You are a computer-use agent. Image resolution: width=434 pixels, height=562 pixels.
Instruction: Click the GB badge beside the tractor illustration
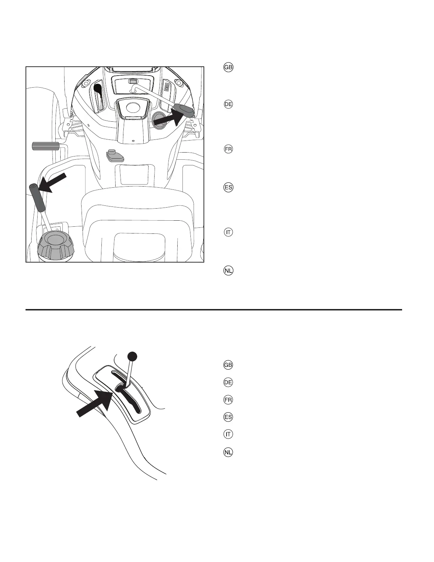228,68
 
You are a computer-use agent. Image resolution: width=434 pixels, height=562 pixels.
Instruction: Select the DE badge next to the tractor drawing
228,105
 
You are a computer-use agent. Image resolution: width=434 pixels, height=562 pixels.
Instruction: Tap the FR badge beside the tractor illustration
228,149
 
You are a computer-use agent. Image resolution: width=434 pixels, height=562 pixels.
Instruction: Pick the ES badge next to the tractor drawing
228,188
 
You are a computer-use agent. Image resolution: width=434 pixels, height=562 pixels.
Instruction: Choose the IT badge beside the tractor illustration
228,232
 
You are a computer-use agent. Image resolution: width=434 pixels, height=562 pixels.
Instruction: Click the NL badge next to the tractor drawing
228,271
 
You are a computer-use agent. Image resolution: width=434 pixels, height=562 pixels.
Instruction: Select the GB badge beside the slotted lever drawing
228,365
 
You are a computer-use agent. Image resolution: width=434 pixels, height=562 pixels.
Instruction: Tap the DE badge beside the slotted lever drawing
228,382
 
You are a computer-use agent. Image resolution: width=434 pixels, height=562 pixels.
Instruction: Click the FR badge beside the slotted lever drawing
228,400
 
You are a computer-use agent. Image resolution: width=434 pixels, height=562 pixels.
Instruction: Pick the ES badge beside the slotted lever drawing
228,417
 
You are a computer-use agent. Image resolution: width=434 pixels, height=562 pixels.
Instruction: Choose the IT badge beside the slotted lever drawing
228,434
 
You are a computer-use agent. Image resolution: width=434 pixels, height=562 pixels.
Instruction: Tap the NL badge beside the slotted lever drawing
228,452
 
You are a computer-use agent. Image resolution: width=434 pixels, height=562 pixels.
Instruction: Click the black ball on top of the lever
132,356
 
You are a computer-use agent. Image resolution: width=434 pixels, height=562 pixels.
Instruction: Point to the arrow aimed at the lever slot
96,403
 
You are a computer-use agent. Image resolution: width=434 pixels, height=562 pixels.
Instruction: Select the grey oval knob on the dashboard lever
185,110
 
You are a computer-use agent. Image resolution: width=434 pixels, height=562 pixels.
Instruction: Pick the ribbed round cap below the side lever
55,245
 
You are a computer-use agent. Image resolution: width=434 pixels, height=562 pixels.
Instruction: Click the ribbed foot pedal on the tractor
45,146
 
